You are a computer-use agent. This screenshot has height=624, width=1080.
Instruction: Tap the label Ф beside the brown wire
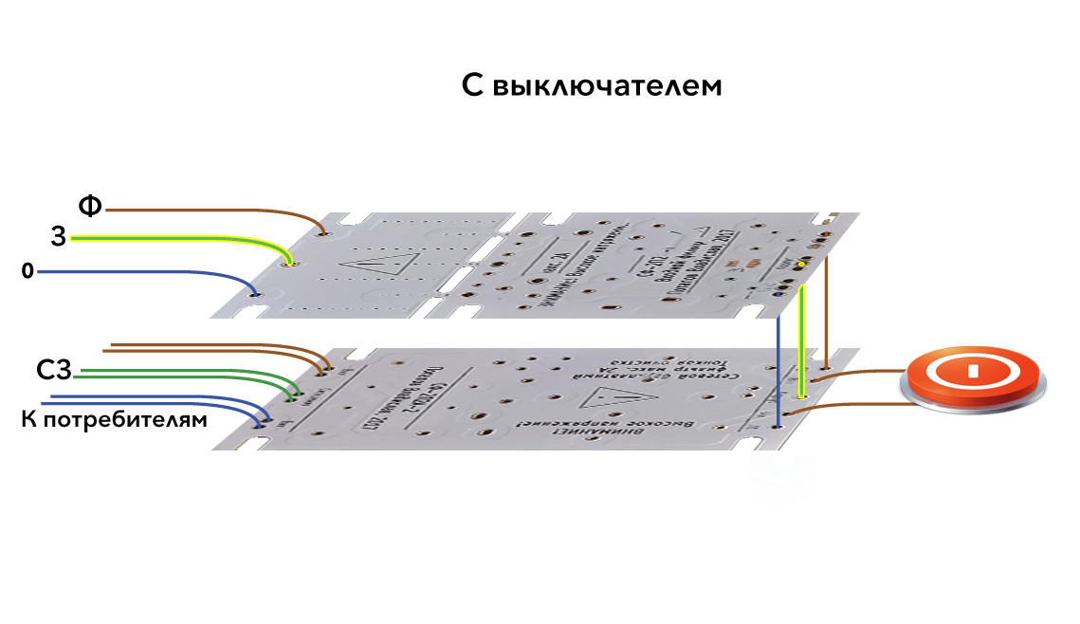pyautogui.click(x=90, y=206)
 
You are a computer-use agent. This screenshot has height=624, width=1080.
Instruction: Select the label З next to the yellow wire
pyautogui.click(x=59, y=237)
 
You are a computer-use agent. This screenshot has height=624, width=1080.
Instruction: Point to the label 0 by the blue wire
pyautogui.click(x=27, y=272)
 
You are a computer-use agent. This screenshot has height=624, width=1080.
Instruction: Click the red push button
pyautogui.click(x=972, y=376)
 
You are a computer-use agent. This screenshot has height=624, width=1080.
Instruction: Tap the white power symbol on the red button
pyautogui.click(x=972, y=369)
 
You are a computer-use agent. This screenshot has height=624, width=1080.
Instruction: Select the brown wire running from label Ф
pyautogui.click(x=209, y=209)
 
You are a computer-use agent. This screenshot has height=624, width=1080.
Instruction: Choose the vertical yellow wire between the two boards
pyautogui.click(x=802, y=341)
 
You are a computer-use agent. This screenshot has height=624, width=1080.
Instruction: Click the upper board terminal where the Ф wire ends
pyautogui.click(x=325, y=233)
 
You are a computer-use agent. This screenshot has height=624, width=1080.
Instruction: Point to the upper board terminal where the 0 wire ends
pyautogui.click(x=254, y=294)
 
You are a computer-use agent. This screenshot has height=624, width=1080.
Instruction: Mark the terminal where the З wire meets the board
pyautogui.click(x=290, y=263)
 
